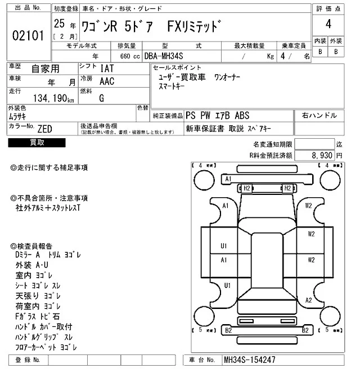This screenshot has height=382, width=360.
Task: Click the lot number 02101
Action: [x=28, y=36]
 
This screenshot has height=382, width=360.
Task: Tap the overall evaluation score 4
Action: [x=328, y=24]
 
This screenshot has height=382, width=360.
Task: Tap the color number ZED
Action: [x=44, y=129]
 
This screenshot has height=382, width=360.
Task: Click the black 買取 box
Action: [x=37, y=143]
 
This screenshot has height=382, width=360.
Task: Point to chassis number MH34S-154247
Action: [x=249, y=360]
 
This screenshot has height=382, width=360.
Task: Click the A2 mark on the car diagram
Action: [x=308, y=300]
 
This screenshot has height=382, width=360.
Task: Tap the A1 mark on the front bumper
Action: [x=228, y=179]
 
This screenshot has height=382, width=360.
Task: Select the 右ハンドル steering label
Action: [x=319, y=115]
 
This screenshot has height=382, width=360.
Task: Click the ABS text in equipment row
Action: [x=242, y=116]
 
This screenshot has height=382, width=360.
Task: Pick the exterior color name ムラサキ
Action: [x=20, y=116]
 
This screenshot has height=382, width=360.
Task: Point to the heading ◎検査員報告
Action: [x=31, y=245]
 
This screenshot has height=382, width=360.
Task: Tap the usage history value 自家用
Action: [x=44, y=69]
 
